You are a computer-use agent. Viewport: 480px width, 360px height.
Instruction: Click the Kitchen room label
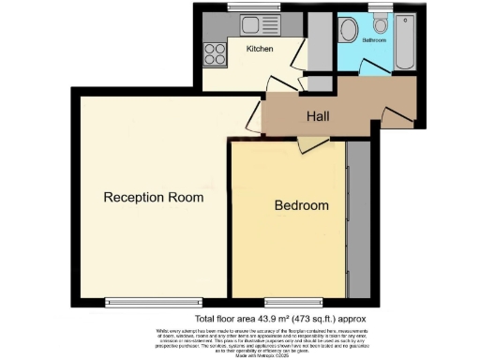[x=260, y=49]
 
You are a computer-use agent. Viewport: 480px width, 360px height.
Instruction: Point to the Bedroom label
[x=301, y=205]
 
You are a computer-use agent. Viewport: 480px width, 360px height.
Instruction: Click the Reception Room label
[x=153, y=197]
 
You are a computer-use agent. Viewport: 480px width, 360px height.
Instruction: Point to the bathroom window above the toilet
[x=380, y=7]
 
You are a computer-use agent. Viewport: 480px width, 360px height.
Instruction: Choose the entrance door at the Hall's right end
[x=397, y=115]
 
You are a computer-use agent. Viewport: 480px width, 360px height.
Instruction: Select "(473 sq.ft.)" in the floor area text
[x=314, y=319]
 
